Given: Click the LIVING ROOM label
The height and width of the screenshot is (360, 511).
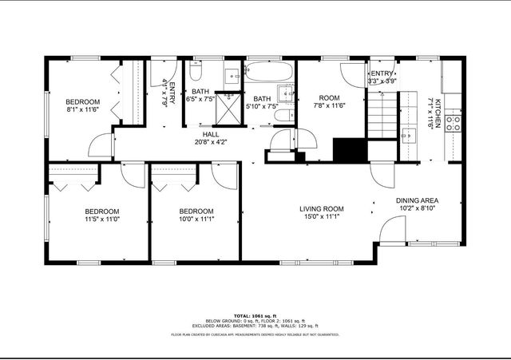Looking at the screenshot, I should [x=322, y=209].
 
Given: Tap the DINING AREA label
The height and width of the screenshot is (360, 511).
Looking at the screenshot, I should [x=418, y=200].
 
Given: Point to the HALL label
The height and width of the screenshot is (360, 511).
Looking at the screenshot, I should [x=211, y=134].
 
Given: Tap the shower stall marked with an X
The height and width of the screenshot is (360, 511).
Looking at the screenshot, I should [x=232, y=107].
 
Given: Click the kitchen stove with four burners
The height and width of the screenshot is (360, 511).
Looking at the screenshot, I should [x=453, y=124].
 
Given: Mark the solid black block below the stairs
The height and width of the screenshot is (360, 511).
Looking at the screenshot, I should [x=348, y=150].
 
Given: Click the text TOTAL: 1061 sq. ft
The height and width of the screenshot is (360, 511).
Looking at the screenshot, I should [x=255, y=316].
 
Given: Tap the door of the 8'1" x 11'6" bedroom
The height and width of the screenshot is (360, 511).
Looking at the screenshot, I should [x=101, y=146].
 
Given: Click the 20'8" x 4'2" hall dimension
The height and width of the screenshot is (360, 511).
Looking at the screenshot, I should [x=211, y=143].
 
